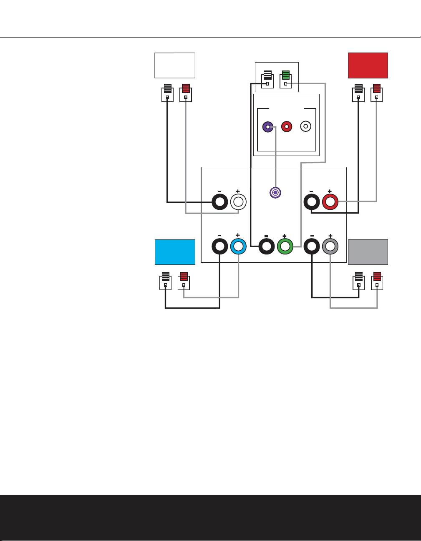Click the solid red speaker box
pos(368,65)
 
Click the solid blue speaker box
pos(175,252)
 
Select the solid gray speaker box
pos(368,252)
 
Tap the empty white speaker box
pos(175,65)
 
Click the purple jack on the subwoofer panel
pos(267,126)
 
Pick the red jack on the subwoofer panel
pos(287,126)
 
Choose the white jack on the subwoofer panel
pos(306,126)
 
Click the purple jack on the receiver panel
pos(275,192)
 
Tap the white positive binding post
pos(238,202)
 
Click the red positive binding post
pos(330,202)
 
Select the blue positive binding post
pos(238,247)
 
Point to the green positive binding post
pos(285,247)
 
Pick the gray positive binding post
pos(330,247)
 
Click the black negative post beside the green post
pos(267,247)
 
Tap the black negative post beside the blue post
pos(220,247)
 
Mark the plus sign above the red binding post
pos(330,191)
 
